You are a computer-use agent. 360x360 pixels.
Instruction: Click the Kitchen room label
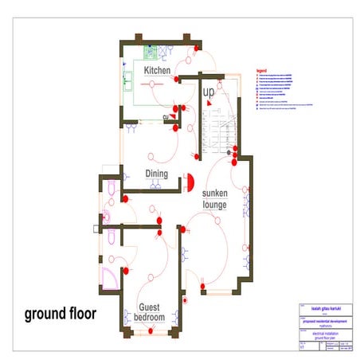click(157, 71)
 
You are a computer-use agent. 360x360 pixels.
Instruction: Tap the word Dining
click(156, 173)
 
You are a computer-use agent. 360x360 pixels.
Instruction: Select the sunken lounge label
click(215, 199)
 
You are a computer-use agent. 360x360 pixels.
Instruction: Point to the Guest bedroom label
click(151, 312)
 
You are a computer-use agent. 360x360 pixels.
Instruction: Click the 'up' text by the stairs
click(209, 93)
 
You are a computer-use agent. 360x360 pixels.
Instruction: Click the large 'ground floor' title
click(61, 313)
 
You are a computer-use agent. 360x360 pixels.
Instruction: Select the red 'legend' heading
click(260, 71)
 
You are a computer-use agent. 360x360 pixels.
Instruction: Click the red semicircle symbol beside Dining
click(190, 182)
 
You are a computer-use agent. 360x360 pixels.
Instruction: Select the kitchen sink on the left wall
click(127, 80)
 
